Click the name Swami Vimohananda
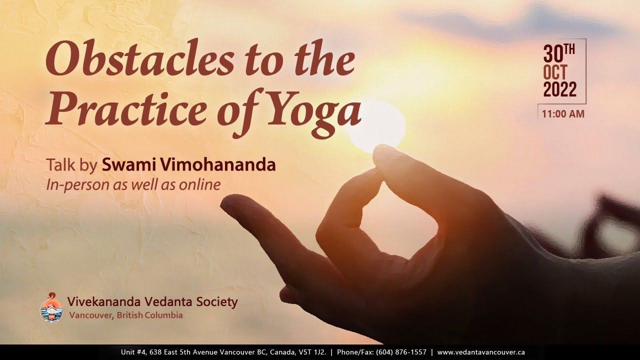click(189, 164)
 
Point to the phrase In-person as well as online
click(133, 184)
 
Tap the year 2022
click(559, 90)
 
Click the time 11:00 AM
click(562, 114)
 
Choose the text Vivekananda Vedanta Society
click(152, 301)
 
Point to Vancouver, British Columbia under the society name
click(126, 315)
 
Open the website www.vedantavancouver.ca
click(480, 352)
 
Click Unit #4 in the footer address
click(133, 352)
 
